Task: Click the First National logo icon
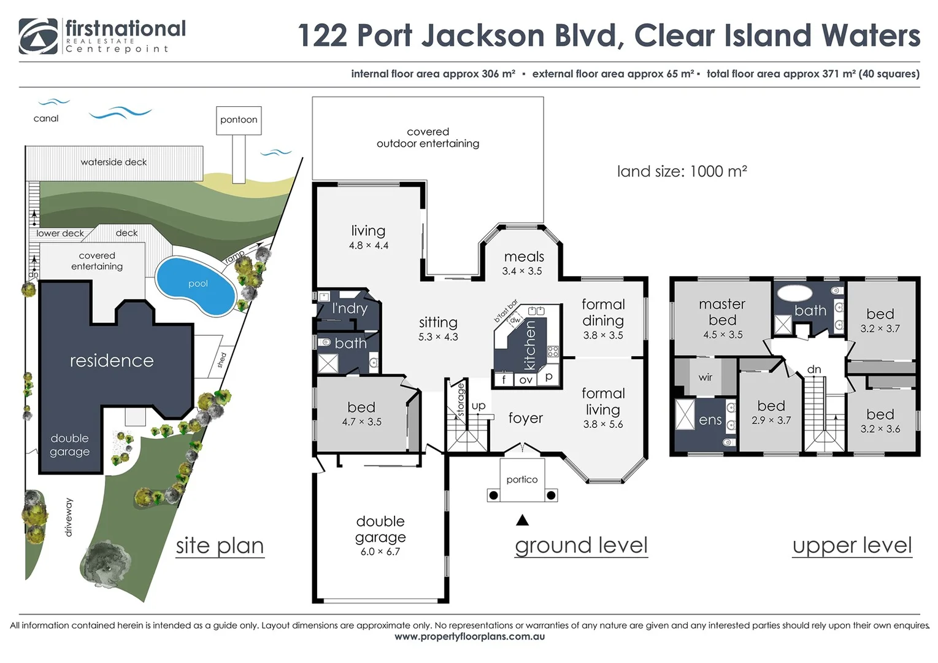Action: click(x=38, y=36)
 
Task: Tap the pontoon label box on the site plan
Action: click(x=239, y=120)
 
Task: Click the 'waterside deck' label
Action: click(x=113, y=162)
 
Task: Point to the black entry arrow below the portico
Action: click(x=522, y=521)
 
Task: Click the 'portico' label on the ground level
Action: click(x=522, y=479)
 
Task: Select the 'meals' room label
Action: click(x=524, y=257)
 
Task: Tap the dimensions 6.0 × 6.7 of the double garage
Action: click(x=380, y=552)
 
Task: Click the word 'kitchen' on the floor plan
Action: click(x=530, y=346)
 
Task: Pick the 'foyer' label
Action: click(x=526, y=418)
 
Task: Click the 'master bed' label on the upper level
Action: click(x=722, y=312)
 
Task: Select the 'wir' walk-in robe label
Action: click(x=705, y=378)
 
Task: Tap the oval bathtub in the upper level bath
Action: click(x=794, y=292)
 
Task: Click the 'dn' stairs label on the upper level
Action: click(x=814, y=370)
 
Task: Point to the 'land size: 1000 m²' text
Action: click(x=682, y=171)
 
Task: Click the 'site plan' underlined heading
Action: click(x=220, y=546)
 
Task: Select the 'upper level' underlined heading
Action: click(x=852, y=545)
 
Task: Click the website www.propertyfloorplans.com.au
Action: click(x=469, y=637)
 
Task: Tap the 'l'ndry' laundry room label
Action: click(x=350, y=308)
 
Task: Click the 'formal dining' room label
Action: click(x=603, y=312)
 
